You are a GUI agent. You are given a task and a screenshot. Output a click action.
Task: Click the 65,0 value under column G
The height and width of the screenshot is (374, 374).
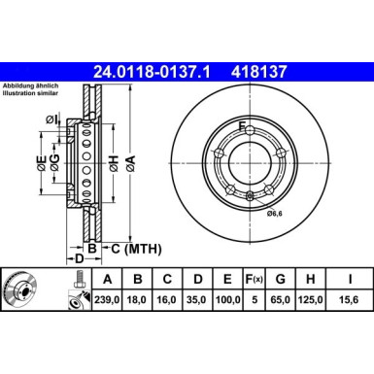(282, 299)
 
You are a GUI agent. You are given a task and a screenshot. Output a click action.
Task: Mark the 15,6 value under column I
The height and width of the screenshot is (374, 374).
(349, 299)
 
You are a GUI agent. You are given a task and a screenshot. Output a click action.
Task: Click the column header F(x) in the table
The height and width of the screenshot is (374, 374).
(253, 279)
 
